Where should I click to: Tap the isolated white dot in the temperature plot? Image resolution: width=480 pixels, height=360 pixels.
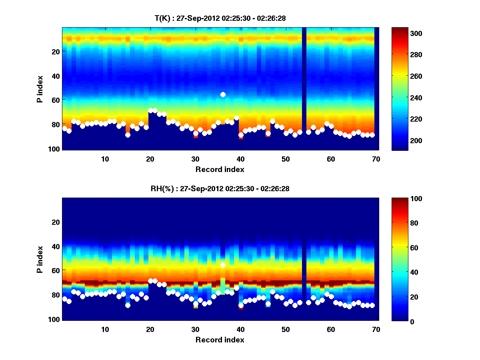click(223, 94)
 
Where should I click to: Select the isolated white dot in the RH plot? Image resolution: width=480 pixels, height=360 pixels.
click(223, 265)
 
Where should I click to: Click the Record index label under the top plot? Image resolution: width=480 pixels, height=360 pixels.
click(220, 169)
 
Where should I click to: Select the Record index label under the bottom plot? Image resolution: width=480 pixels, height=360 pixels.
click(220, 340)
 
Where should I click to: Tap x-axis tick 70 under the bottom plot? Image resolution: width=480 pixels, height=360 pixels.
click(376, 329)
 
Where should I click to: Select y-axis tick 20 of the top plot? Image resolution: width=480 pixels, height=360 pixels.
click(56, 52)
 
